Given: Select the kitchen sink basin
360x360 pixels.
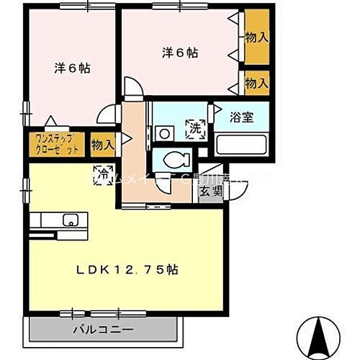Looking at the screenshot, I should click(x=71, y=220).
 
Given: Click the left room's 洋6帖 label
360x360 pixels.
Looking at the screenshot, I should click(x=74, y=68).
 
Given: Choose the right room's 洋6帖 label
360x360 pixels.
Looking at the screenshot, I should click(x=179, y=53).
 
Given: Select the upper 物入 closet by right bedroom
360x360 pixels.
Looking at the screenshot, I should click(x=257, y=36).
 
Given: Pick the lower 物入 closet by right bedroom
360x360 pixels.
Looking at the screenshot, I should click(x=257, y=84).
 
